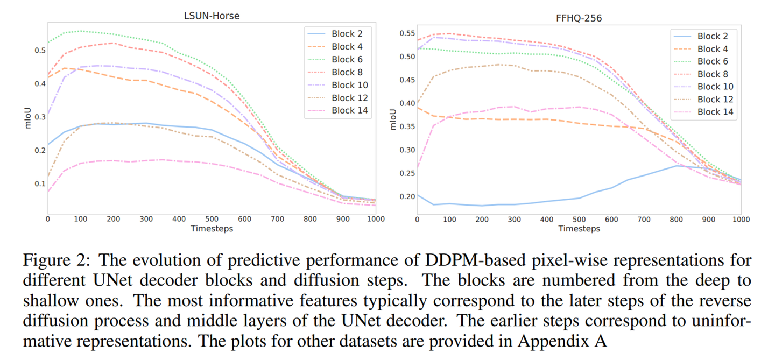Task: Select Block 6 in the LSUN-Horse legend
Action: (x=347, y=59)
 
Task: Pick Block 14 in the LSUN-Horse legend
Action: (x=349, y=111)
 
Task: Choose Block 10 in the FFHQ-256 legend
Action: (x=715, y=87)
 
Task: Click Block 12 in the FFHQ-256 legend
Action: (x=715, y=99)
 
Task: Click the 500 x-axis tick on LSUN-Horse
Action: (x=212, y=219)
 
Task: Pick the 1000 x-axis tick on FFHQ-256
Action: (x=741, y=219)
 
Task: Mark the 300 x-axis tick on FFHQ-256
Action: (x=515, y=219)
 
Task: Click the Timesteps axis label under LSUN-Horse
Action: (x=212, y=229)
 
